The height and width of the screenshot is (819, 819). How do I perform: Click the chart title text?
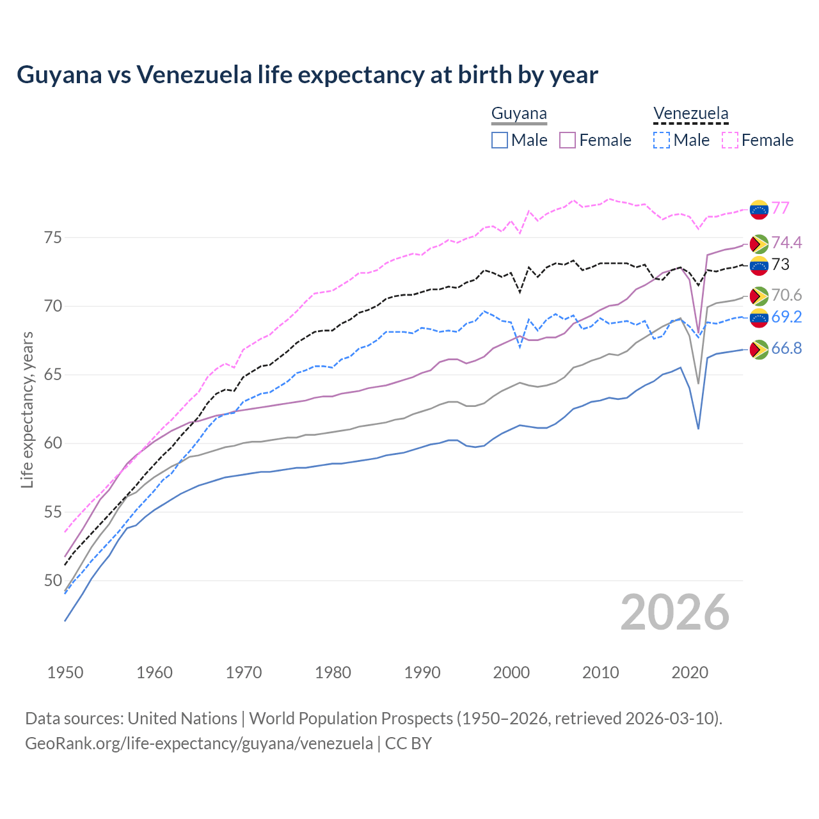coord(307,75)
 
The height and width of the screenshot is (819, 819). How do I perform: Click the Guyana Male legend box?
coord(500,140)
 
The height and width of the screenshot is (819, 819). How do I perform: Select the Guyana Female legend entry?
coord(595,140)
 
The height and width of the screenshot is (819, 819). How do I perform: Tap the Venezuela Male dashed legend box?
coord(662,140)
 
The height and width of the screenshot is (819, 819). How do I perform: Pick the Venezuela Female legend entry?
coord(758,140)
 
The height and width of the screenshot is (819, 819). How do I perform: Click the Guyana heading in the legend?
coord(519,114)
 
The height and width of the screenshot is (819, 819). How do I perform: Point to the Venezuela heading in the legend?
coord(690,114)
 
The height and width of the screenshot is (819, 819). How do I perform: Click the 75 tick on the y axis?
coord(53,237)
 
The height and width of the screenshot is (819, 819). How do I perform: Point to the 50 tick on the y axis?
coord(53,580)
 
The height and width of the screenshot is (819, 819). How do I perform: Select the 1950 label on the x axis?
coord(65,672)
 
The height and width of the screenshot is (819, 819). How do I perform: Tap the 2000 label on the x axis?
coord(511,672)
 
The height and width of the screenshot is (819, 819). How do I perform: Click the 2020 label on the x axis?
coord(690,672)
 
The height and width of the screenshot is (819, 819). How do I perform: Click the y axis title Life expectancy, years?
coord(27,409)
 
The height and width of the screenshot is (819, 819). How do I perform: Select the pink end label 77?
coord(780,208)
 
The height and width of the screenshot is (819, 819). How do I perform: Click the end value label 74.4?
coord(786,243)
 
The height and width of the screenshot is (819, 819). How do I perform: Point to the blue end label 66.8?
coord(786,348)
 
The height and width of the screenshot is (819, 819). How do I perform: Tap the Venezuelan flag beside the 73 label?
coord(759,265)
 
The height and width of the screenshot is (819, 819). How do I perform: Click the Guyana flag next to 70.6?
coord(759,296)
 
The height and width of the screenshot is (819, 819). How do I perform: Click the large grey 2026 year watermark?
coord(674,612)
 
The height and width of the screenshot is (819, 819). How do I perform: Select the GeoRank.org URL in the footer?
coord(198,743)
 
